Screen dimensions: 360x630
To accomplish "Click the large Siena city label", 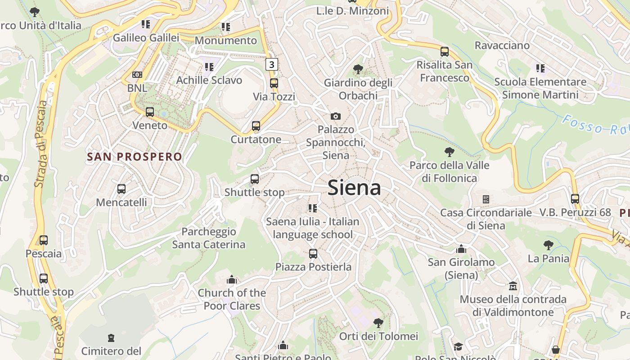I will point(354,188).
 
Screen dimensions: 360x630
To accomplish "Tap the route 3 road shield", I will point(271,64).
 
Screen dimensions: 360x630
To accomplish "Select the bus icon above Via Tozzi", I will point(274,83).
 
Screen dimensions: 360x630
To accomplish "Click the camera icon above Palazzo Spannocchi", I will point(335,116).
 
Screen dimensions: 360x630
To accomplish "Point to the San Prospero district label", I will point(135,157).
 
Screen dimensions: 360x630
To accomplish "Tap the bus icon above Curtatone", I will point(256,126).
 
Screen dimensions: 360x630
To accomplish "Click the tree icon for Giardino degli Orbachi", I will point(358,69).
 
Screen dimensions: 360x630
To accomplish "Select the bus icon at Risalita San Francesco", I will point(445,51).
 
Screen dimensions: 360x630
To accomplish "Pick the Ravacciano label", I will point(502,45).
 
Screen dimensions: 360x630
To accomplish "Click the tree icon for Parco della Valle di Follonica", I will point(449,152).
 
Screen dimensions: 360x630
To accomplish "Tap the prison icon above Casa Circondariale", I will point(486,199).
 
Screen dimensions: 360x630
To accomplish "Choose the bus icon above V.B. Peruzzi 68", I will point(575,198).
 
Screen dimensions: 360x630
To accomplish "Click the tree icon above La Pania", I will point(548,245).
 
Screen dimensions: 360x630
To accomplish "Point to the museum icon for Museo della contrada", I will point(513,286).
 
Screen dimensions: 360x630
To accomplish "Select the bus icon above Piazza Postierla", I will point(313,254).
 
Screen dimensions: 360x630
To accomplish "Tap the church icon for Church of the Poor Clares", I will point(232,280).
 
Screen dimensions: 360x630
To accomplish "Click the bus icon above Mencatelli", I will point(121,189).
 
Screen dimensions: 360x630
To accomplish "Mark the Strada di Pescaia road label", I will point(41,144).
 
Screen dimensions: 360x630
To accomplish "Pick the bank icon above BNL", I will point(137,75).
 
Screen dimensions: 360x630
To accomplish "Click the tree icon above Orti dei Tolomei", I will point(378,323).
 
